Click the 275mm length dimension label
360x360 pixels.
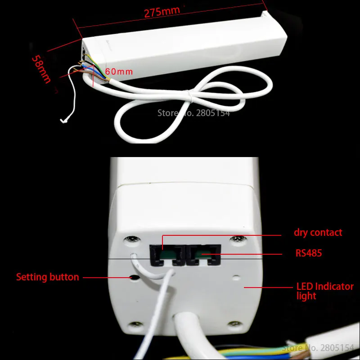coord(162,11)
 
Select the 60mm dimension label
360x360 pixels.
coord(119,72)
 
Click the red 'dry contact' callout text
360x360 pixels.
coord(318,233)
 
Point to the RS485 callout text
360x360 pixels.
coord(309,253)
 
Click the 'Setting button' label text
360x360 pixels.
coord(48,277)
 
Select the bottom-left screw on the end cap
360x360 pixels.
coord(134,324)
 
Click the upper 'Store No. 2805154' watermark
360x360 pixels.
coord(193,113)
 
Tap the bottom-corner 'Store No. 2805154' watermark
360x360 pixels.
coord(318,348)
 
